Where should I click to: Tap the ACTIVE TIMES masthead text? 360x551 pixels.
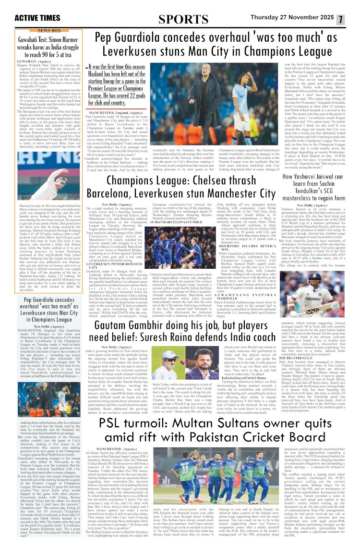[x=37, y=18]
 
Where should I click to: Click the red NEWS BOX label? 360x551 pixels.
[x=48, y=30]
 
